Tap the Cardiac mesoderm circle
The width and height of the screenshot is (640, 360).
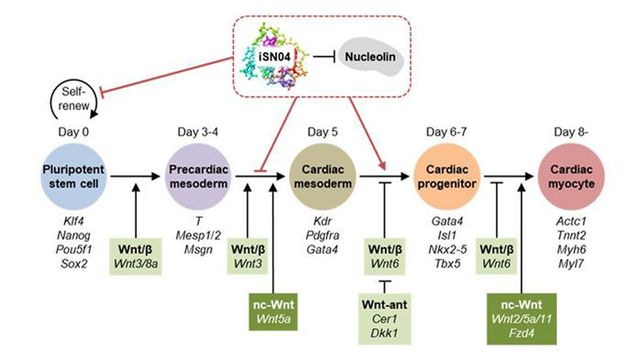point(317,170)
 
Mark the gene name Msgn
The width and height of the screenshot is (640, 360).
point(186,240)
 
